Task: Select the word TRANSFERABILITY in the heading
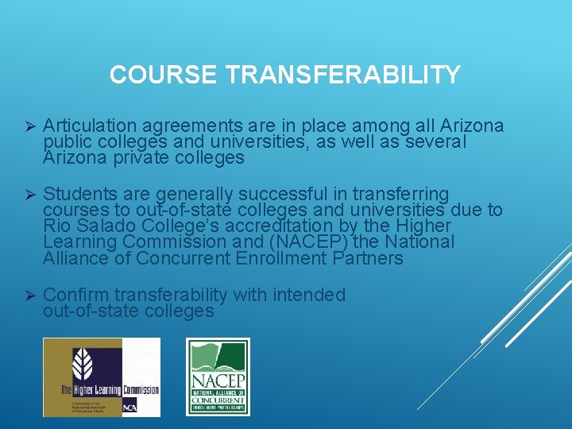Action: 343,75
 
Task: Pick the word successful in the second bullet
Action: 278,195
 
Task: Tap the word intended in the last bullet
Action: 309,295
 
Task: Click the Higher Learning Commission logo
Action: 101,377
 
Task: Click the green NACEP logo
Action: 218,377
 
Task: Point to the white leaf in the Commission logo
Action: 83,365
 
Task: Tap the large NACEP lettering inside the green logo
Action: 218,381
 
